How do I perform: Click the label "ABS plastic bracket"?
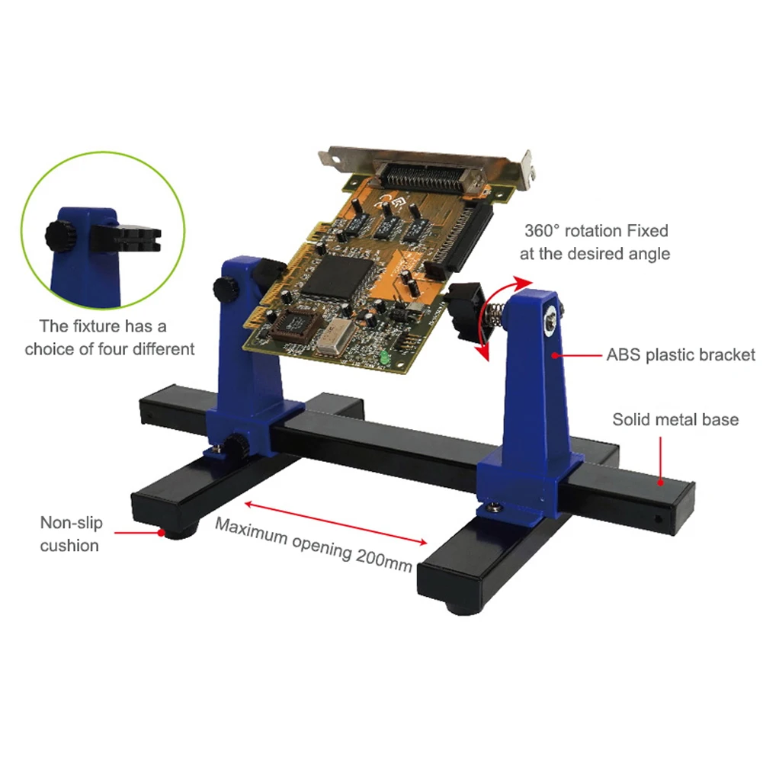tap(681, 355)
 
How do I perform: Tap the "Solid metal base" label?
tap(675, 419)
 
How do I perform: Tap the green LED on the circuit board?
tap(386, 355)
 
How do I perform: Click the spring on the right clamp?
tap(492, 313)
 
